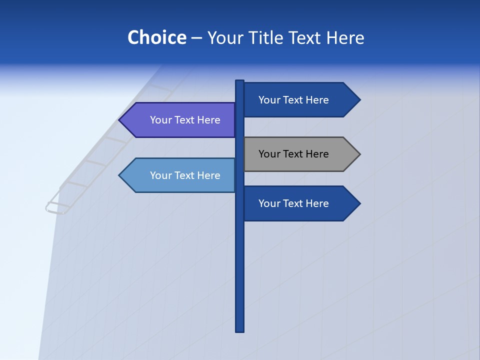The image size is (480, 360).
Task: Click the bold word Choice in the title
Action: coord(156,37)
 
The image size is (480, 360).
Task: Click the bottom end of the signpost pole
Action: coord(240,330)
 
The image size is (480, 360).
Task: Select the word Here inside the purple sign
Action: coord(209,120)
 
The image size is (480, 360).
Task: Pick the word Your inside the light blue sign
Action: coord(160,175)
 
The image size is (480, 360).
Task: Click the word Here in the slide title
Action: coord(345,38)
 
